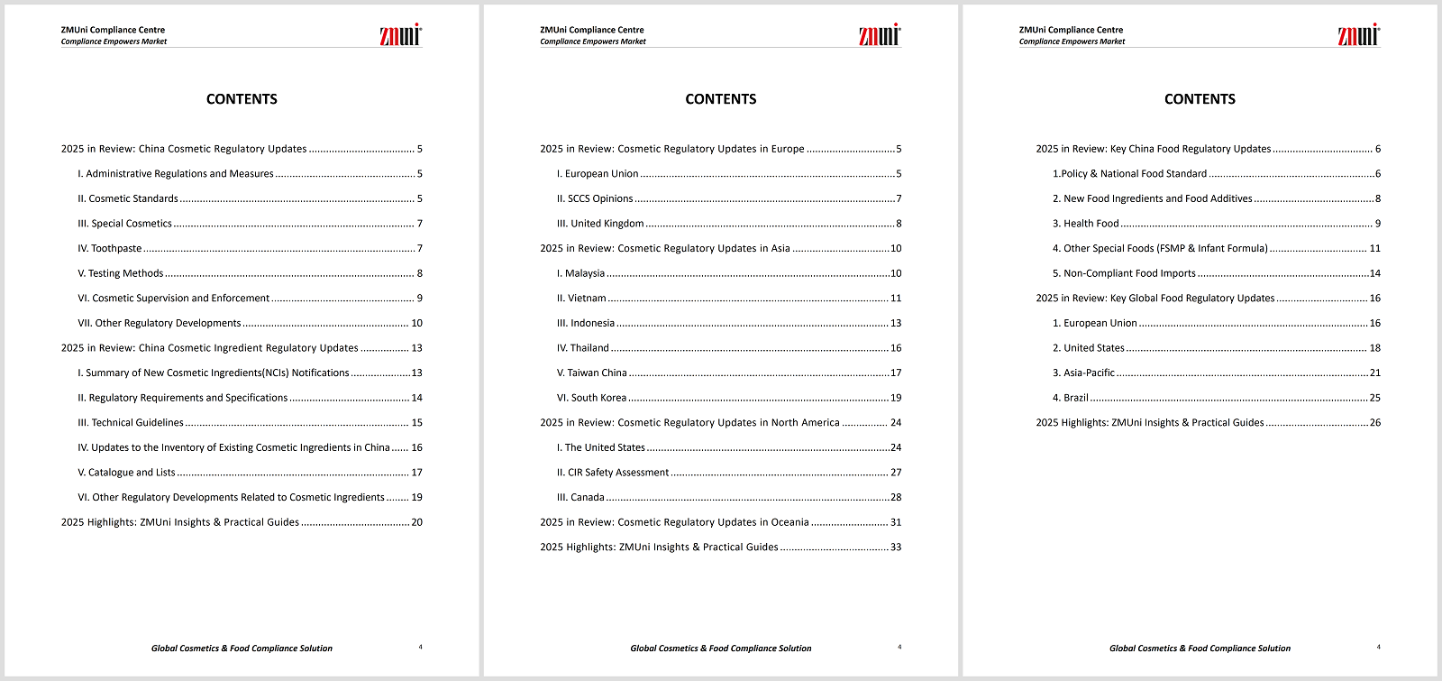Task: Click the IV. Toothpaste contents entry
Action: pyautogui.click(x=110, y=248)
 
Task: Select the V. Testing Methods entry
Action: pyautogui.click(x=121, y=273)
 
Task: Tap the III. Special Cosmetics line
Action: pyautogui.click(x=124, y=224)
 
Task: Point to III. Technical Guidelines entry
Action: pyautogui.click(x=131, y=422)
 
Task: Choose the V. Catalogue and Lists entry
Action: pyautogui.click(x=126, y=473)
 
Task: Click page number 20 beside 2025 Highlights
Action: pyautogui.click(x=416, y=522)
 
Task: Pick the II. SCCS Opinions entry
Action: pyautogui.click(x=595, y=198)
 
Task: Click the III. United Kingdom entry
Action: pyautogui.click(x=600, y=224)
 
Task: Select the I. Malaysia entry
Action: pyautogui.click(x=580, y=273)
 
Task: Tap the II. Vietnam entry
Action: pyautogui.click(x=581, y=299)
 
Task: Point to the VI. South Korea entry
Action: pyautogui.click(x=591, y=398)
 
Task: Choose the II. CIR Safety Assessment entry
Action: pyautogui.click(x=613, y=473)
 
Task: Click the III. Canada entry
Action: pyautogui.click(x=580, y=497)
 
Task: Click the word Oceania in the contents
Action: pyautogui.click(x=789, y=522)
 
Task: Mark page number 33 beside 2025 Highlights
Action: pyautogui.click(x=896, y=548)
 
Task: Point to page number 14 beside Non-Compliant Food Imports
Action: pyautogui.click(x=1374, y=273)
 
